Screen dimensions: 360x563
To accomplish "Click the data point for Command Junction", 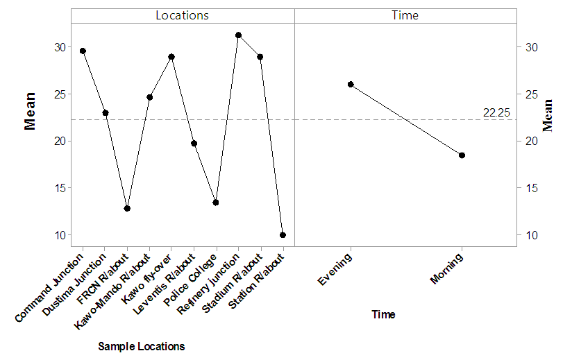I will point(83,51).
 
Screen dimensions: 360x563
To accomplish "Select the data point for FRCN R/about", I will point(127,208).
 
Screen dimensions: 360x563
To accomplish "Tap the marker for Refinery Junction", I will point(238,35).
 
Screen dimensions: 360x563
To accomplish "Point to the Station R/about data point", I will point(283,235).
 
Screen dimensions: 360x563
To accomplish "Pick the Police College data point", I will point(216,203).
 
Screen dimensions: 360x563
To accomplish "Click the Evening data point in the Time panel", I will point(351,85).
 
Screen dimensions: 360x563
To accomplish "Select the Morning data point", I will point(462,155).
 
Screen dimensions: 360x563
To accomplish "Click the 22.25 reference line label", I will point(496,112).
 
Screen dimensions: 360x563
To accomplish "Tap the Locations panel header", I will point(182,15).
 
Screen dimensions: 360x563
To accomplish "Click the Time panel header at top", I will point(405,15).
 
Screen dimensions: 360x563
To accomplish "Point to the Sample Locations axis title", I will point(142,346).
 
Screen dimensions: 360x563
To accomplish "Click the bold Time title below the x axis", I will point(383,314).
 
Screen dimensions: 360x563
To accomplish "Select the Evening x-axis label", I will point(336,271).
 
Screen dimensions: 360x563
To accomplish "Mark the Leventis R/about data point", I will point(194,144).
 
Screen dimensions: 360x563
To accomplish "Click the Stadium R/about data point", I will point(260,57).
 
